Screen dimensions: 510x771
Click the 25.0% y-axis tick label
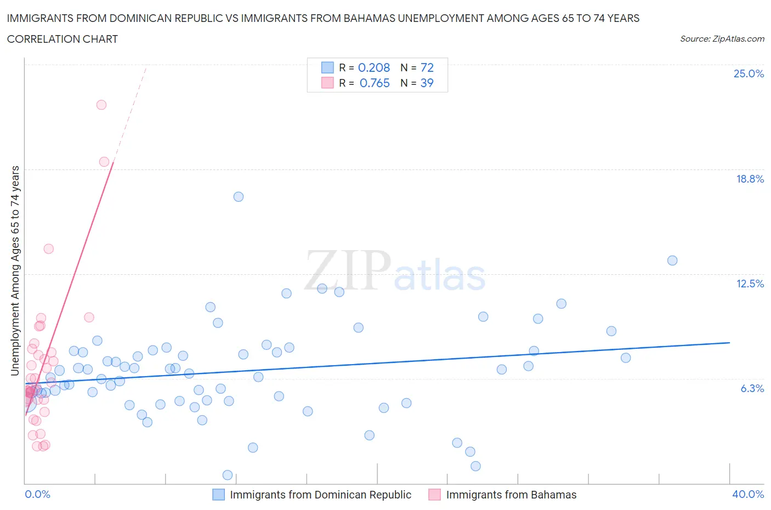(749, 73)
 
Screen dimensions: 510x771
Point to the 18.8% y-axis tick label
(750, 179)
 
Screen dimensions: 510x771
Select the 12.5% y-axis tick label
(750, 284)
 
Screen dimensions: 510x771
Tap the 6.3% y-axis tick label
(752, 388)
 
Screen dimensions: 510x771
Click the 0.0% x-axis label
(37, 494)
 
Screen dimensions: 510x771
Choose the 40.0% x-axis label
(748, 494)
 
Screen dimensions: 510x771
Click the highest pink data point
(101, 105)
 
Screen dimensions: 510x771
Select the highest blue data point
(239, 197)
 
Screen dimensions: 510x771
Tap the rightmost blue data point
(672, 260)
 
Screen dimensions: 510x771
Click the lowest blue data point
(228, 475)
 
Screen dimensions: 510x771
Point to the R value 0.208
(373, 67)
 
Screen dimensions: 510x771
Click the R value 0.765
(375, 83)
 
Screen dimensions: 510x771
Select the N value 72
(427, 67)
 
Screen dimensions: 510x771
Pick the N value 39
(427, 83)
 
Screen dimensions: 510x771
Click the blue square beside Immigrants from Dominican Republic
(219, 495)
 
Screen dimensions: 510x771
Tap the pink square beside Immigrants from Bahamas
(435, 495)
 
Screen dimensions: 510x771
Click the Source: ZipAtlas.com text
(722, 39)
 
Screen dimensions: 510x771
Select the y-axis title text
(15, 271)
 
